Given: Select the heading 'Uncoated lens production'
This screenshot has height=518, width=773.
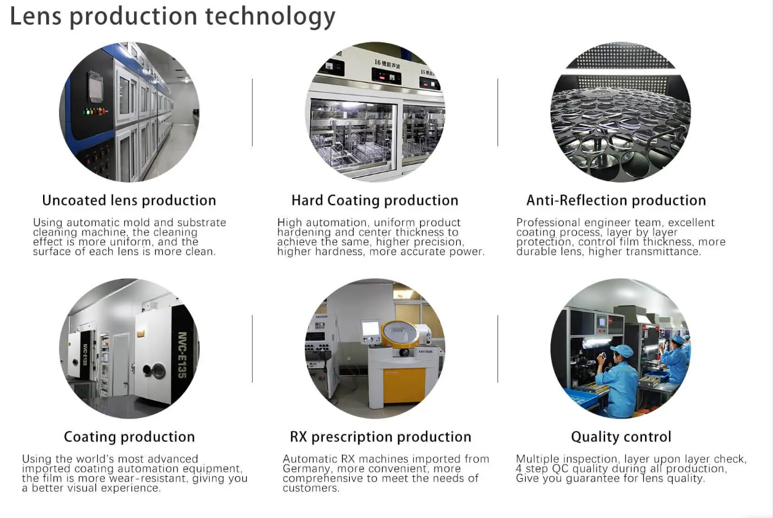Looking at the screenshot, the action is point(129,200).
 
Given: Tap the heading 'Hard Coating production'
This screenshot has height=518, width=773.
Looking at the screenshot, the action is point(375,200).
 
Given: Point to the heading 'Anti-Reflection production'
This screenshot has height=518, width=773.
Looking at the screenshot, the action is point(616,200).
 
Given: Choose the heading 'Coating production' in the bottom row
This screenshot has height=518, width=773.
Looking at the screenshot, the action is point(129,437).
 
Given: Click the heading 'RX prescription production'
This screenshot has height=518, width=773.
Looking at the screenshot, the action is point(380,437).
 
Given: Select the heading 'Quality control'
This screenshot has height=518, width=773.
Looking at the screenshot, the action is point(621,437).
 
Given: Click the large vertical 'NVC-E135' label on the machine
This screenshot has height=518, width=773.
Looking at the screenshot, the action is point(182,355).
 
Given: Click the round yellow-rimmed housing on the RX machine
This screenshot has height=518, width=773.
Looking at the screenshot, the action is point(400,334).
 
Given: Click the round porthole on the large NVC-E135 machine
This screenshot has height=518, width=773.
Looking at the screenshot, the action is point(159,371).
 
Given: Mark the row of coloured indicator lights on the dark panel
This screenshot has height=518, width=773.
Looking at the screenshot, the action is point(95,111).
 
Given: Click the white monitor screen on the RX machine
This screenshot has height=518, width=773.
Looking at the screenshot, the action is point(371,329).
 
